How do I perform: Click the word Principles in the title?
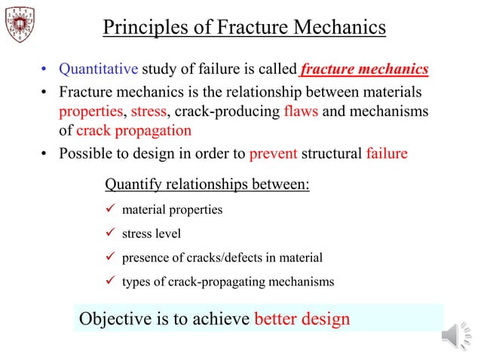(142, 28)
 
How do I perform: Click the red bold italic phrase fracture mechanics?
(364, 70)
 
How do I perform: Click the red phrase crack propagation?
(133, 130)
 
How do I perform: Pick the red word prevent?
(273, 154)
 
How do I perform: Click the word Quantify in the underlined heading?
(130, 185)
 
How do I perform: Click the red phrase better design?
(302, 319)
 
